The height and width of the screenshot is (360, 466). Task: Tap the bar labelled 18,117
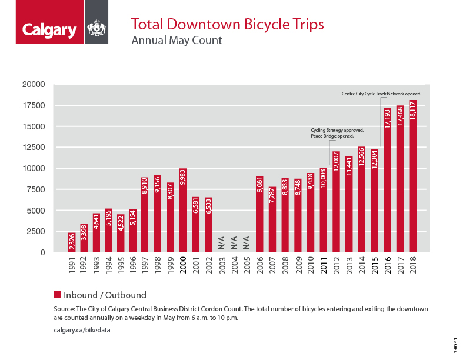[412, 176]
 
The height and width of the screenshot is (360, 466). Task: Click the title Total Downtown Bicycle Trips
[227, 25]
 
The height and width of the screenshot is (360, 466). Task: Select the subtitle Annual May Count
[177, 41]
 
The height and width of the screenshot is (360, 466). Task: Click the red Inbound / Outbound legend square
[58, 295]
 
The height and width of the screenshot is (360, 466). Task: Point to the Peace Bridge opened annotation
[332, 136]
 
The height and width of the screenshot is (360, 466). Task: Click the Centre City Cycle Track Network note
[381, 94]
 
